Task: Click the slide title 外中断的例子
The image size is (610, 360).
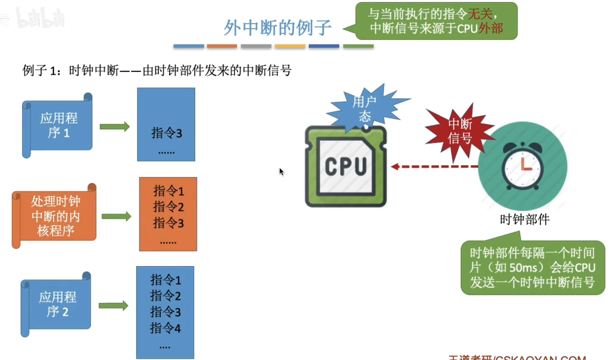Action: pos(277,28)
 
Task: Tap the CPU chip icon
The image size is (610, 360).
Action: pos(346,166)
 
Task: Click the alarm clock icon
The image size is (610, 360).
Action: pos(522,166)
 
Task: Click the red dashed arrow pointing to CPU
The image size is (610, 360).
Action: pos(434,166)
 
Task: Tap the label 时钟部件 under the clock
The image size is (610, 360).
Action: pos(525,219)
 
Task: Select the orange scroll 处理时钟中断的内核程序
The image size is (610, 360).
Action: pos(55,216)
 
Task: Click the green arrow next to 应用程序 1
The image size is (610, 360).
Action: pos(115,127)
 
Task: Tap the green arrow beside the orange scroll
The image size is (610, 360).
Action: pos(116,216)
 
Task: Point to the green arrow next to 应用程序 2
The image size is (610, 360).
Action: pos(113,306)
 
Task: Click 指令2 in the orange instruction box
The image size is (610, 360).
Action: pos(168,207)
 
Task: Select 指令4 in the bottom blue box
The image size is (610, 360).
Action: pos(165,328)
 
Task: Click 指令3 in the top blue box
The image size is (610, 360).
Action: pos(167,133)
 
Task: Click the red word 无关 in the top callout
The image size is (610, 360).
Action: pos(480,14)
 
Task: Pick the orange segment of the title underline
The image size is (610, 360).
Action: pos(222,46)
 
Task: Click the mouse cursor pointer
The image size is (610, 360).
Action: pos(281,172)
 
